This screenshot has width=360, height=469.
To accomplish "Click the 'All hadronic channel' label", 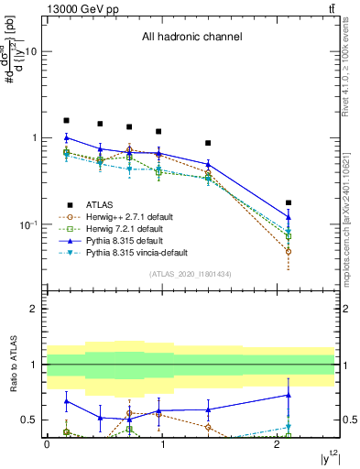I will click(191, 38).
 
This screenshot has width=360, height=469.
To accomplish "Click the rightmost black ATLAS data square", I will click(289, 202).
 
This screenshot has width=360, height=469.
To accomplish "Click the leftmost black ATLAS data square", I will click(66, 120).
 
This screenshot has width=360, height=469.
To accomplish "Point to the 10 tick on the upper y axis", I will click(30, 52).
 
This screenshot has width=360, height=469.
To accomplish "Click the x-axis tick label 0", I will click(46, 444).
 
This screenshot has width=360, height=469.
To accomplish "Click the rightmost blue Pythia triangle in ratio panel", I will click(289, 395).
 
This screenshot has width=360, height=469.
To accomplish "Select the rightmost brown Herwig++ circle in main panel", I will click(289, 251).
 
